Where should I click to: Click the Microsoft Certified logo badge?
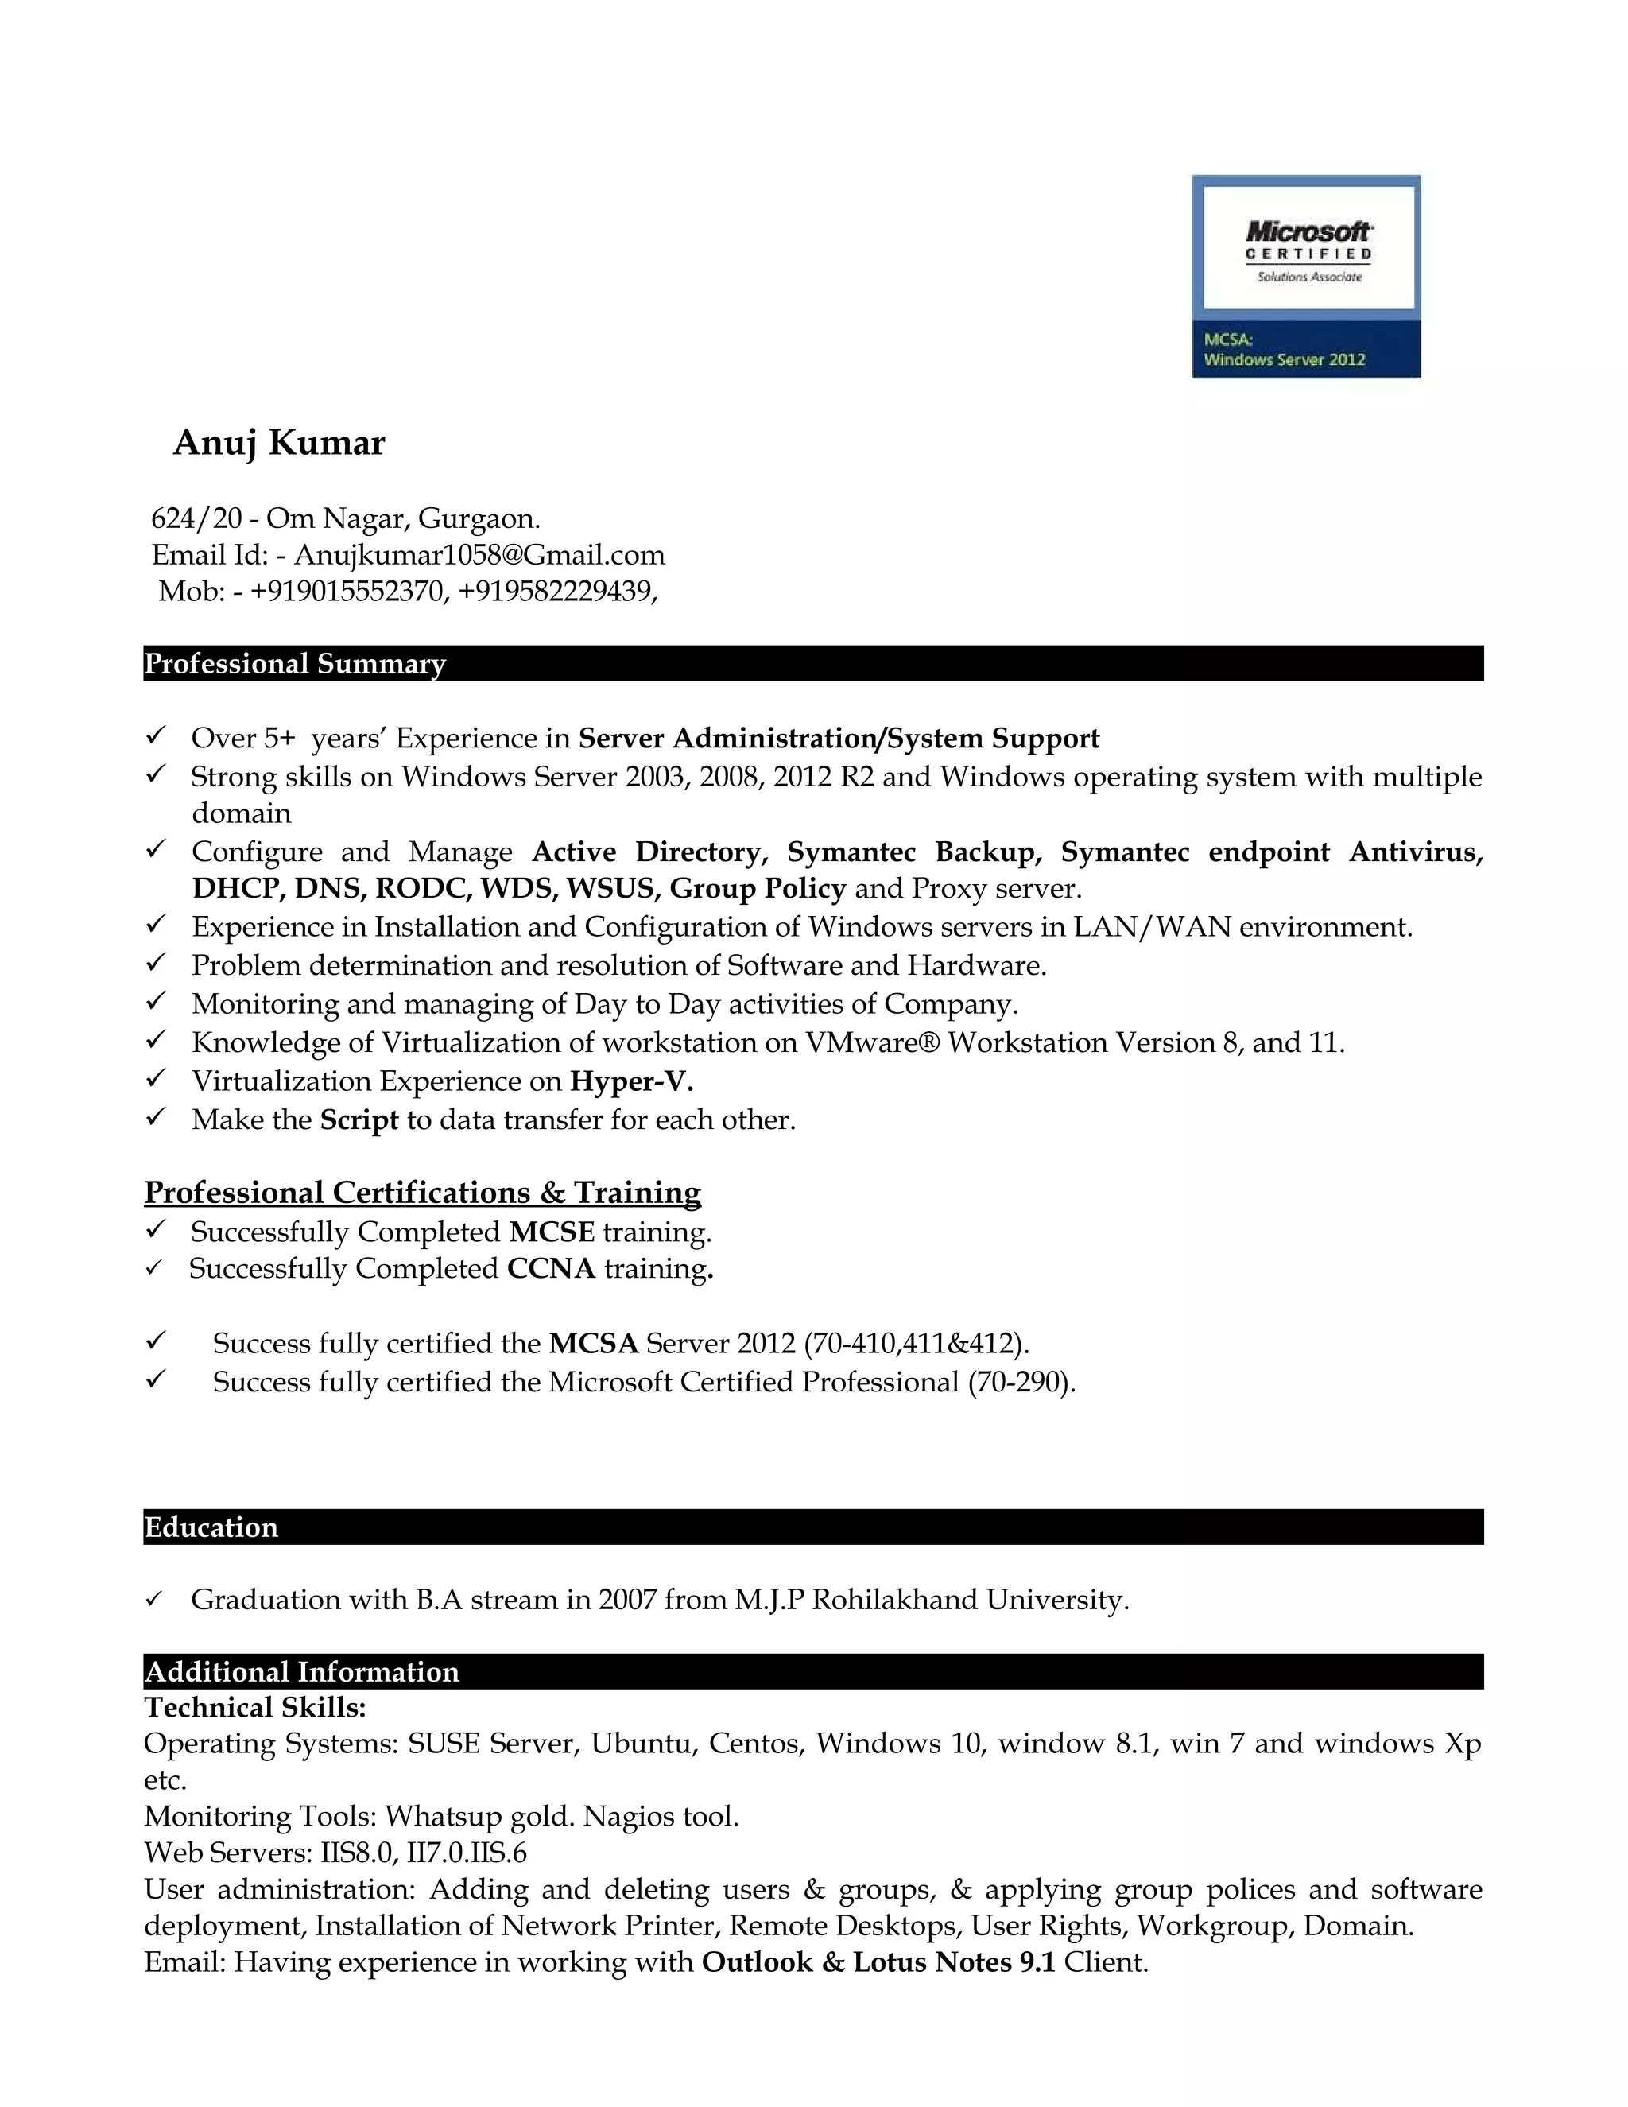tap(1306, 277)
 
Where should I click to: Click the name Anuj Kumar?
tap(279, 443)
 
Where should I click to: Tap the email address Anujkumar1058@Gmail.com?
tap(479, 555)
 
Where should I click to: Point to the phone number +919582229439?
tap(556, 591)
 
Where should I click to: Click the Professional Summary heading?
tap(295, 664)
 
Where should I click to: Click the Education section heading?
tap(211, 1527)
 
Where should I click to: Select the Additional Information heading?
tap(302, 1672)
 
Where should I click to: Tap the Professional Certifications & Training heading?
tap(422, 1193)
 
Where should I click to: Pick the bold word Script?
tap(359, 1120)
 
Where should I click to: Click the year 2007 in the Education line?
tap(627, 1600)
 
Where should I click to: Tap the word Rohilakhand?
tap(894, 1600)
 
